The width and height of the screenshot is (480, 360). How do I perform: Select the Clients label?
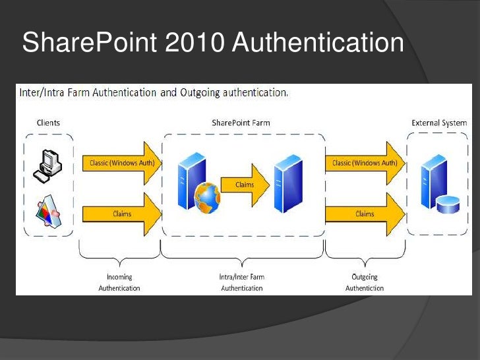47,123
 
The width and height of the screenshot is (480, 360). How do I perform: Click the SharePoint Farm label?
241,123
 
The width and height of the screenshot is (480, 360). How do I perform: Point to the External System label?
439,123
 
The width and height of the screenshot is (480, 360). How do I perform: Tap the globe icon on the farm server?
208,195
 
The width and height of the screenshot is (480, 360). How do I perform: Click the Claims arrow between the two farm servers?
245,185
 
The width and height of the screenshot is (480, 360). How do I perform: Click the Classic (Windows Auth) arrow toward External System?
364,163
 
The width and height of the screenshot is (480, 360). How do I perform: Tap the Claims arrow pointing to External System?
365,214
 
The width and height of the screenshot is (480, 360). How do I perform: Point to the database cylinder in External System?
448,204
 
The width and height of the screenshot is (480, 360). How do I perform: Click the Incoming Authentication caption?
119,282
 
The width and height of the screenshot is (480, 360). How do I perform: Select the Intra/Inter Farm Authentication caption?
241,282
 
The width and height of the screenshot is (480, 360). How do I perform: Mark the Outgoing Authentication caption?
364,282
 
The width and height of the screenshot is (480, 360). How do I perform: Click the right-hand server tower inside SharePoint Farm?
288,183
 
